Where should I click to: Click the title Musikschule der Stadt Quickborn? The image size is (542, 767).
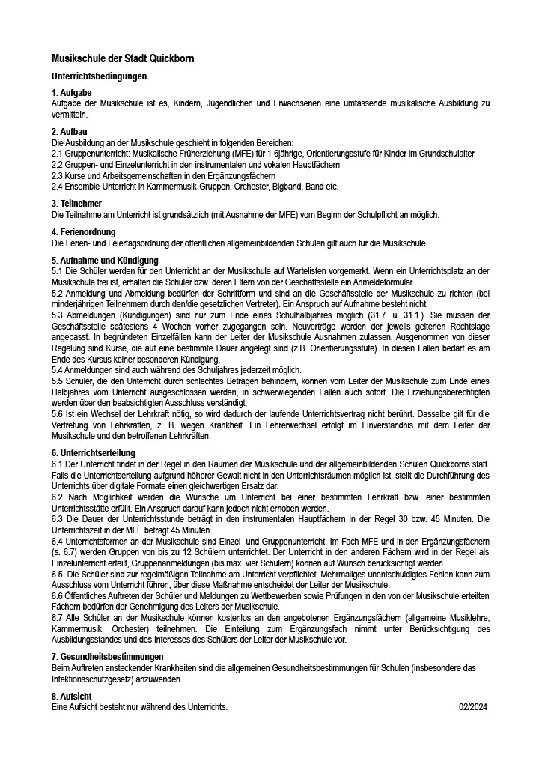coord(124,58)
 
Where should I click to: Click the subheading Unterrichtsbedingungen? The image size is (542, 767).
coord(99,76)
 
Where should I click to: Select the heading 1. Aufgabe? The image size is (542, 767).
coord(71,92)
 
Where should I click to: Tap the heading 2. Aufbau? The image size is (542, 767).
coord(69,131)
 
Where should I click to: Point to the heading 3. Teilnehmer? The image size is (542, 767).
coord(76,203)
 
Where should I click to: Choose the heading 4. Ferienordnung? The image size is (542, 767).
coord(83,232)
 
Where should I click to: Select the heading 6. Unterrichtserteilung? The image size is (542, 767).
coord(94,452)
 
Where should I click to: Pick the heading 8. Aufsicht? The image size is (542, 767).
coord(71,696)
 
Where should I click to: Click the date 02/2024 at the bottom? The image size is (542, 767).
coord(473,706)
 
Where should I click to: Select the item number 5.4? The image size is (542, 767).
coord(58,370)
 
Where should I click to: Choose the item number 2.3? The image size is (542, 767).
coord(58,175)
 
